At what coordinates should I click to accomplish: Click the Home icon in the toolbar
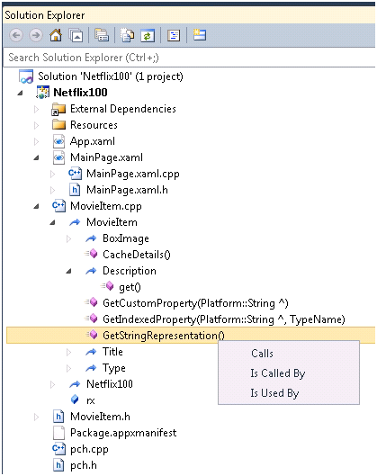pos(56,35)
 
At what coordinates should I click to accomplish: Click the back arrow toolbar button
pos(16,35)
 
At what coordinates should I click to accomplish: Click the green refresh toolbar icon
pos(148,35)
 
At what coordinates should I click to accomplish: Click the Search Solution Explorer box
pos(189,58)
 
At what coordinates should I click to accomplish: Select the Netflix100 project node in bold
pos(80,93)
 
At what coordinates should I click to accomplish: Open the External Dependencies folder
pos(123,109)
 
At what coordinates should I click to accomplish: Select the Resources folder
pos(94,125)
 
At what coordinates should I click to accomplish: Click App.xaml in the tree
pos(93,141)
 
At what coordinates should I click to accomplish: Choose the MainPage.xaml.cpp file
pos(133,174)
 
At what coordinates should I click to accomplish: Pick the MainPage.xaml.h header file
pos(127,190)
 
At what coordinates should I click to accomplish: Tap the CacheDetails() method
pos(137,255)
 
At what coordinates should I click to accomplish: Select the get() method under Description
pos(130,287)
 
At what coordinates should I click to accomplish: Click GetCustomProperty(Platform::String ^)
pos(195,303)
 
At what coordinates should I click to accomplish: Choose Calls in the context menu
pos(262,354)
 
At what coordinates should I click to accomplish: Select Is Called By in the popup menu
pos(278,373)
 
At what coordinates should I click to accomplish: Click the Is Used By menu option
pos(274,393)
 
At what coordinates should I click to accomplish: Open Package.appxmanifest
pos(123,433)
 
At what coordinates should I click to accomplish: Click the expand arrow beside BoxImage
pos(69,238)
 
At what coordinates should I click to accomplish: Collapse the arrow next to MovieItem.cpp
pos(36,206)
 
